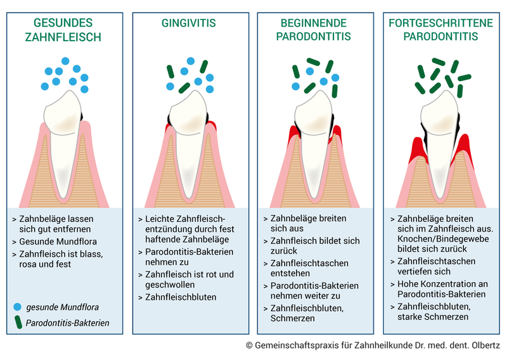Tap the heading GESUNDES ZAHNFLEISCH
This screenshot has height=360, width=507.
(62, 30)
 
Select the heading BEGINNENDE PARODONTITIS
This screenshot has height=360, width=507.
(315, 30)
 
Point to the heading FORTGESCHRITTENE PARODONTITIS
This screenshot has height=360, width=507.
(440, 30)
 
